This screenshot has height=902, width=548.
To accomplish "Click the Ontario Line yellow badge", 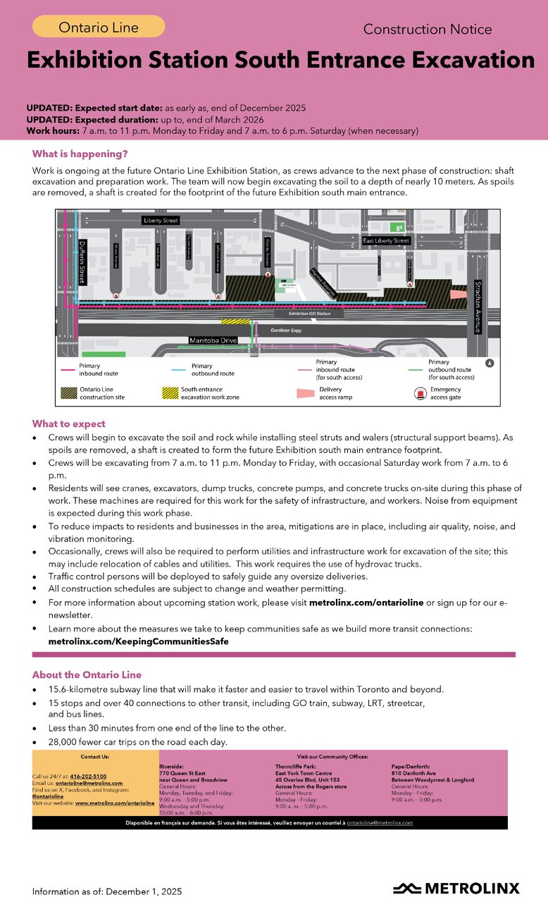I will coord(99,27).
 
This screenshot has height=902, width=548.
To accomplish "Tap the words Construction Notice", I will coord(427,30).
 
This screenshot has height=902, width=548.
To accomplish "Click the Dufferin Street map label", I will coord(82,261).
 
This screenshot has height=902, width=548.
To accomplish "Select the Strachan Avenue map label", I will coord(478,307).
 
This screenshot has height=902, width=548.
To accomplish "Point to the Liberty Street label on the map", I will coord(161,221).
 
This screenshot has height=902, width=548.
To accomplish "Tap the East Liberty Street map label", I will coord(386,241).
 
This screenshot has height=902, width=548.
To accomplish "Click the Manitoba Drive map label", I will coord(213,341).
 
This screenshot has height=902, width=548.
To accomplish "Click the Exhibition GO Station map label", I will coord(309,313).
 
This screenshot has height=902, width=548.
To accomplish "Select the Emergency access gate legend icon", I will coord(420,393).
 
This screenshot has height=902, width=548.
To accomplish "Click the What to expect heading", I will coord(68,424).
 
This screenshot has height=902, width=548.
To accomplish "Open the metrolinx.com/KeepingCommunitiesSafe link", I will coord(138,642).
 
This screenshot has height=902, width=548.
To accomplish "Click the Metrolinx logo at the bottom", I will coord(456,888).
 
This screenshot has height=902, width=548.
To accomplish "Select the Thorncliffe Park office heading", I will coord(298,766).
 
